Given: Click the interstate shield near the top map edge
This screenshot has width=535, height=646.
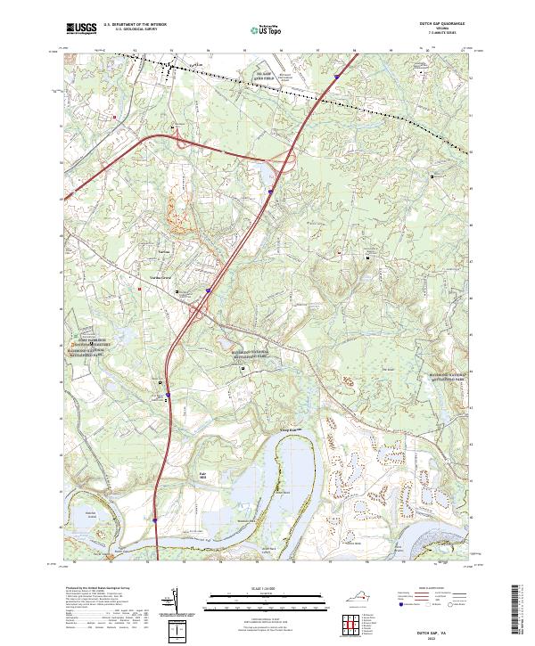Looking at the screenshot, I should coord(336,78).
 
